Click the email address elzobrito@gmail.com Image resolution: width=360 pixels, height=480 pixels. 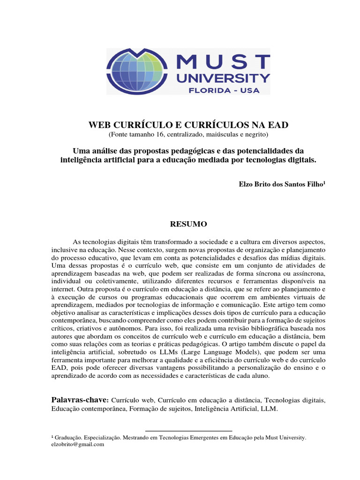click(x=77, y=444)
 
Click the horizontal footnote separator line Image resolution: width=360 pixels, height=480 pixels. click(x=189, y=431)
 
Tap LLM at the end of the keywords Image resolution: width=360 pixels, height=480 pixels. click(x=270, y=409)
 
